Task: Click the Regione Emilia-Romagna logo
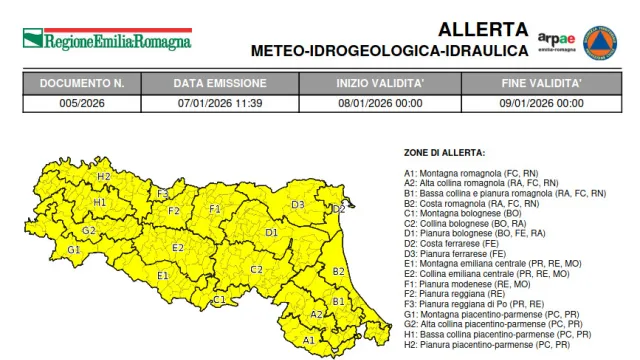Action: click(x=105, y=41)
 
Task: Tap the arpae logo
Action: click(x=556, y=42)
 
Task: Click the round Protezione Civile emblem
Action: click(x=599, y=41)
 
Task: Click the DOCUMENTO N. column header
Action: click(x=81, y=84)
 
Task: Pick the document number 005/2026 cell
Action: click(x=81, y=102)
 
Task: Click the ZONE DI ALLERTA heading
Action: click(x=444, y=153)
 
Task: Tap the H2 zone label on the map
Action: click(x=104, y=176)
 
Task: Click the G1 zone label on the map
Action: click(x=73, y=249)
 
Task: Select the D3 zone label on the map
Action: click(x=298, y=205)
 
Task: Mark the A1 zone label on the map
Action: click(x=309, y=340)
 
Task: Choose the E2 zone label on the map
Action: click(x=178, y=248)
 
